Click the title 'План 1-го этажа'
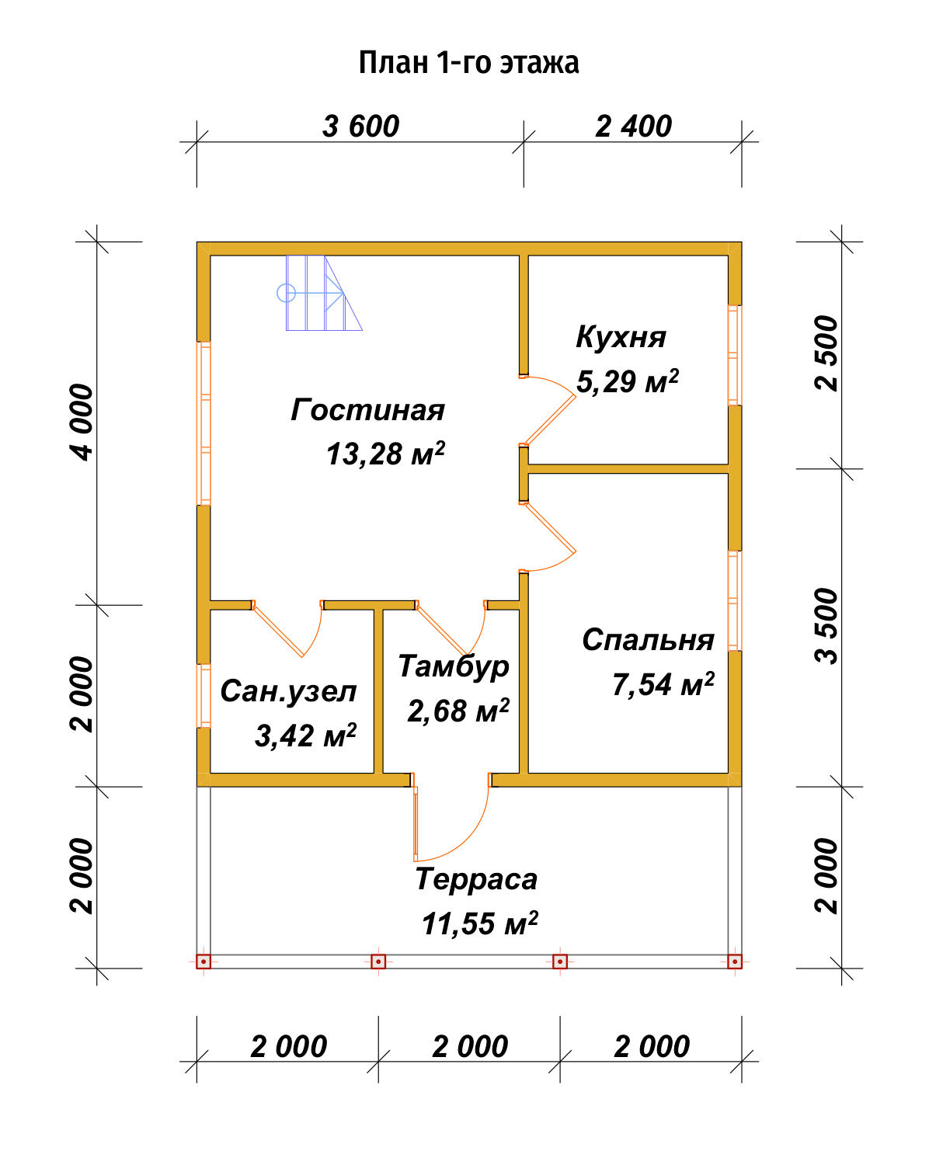[x=469, y=64]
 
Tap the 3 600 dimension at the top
[x=360, y=127]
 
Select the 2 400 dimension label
[x=633, y=127]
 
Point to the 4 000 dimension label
[x=83, y=423]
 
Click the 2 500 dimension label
[x=826, y=353]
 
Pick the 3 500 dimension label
[x=826, y=626]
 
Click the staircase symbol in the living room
[x=319, y=293]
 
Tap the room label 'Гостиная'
[x=367, y=410]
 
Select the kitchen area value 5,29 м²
[x=628, y=381]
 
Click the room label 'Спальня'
[x=648, y=640]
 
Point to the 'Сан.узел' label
[x=288, y=691]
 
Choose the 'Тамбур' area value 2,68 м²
[x=458, y=710]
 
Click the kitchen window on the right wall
[x=734, y=355]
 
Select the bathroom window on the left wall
[x=204, y=696]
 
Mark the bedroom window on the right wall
[x=734, y=600]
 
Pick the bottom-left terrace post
[x=204, y=962]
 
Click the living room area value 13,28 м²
[x=385, y=454]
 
